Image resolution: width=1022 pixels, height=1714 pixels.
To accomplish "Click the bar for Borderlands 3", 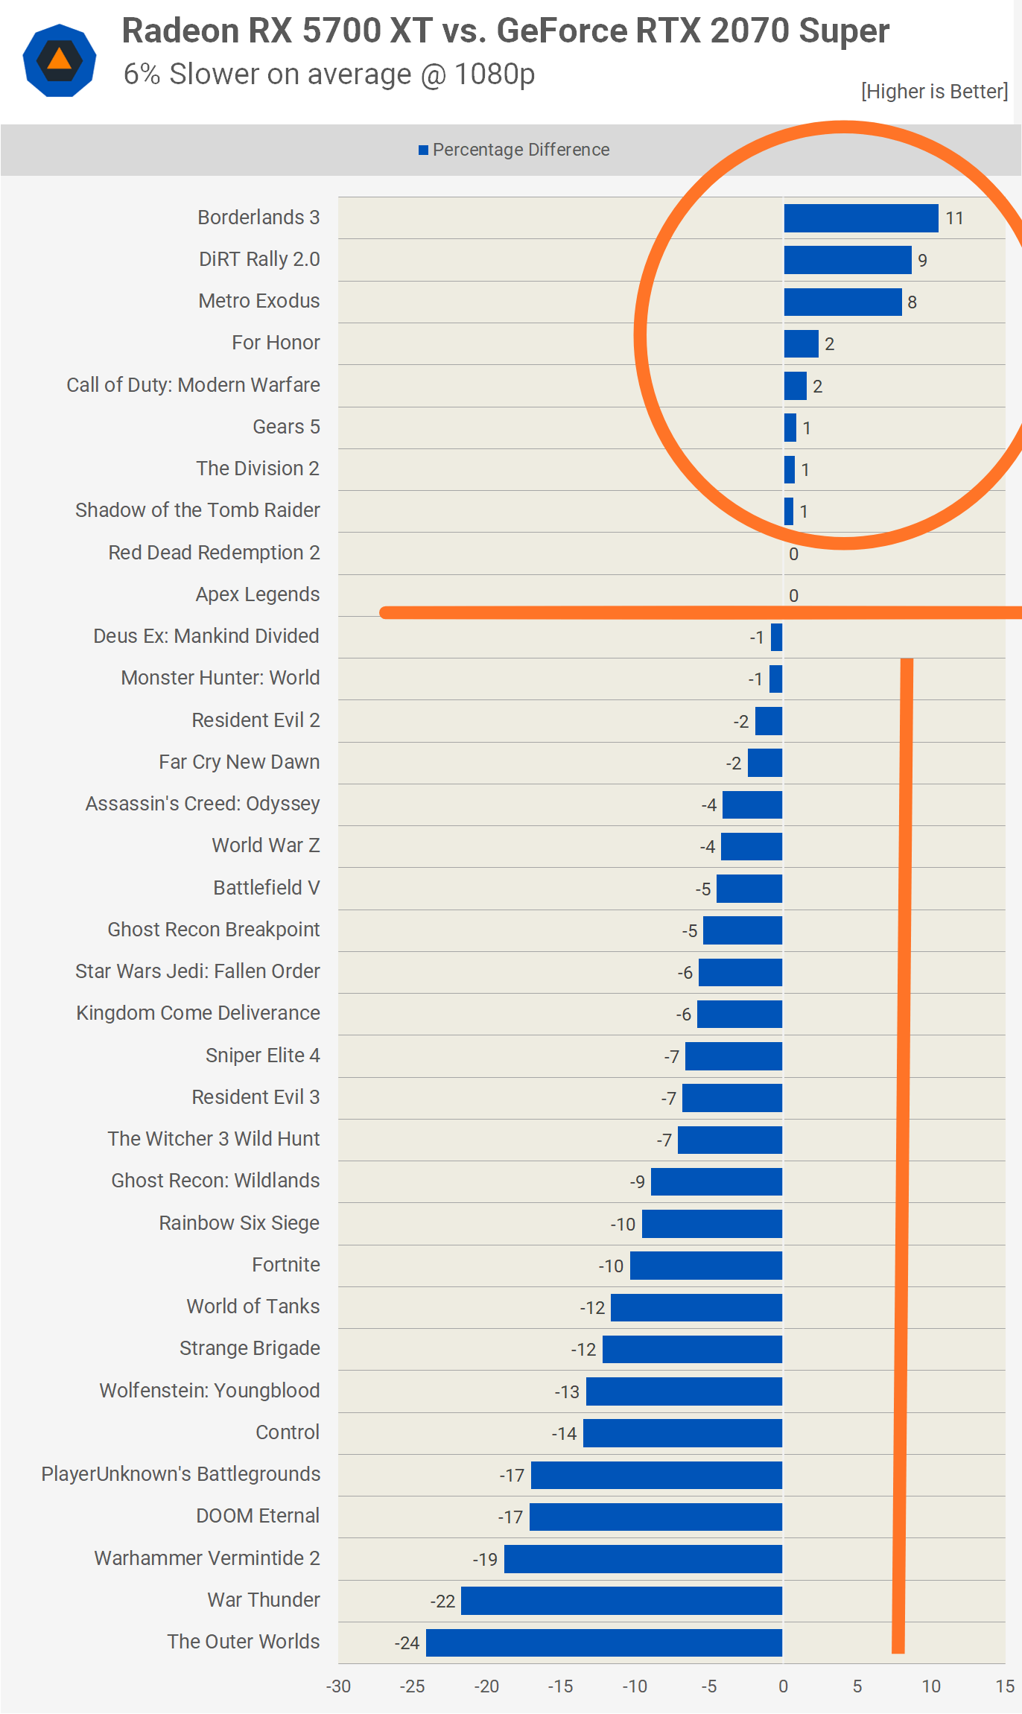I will coord(860,218).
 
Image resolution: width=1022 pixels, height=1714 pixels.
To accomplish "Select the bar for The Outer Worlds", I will coord(603,1642).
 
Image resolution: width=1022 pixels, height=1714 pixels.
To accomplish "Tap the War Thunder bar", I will coord(621,1601).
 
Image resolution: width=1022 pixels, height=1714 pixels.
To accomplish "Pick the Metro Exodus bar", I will coord(842,302).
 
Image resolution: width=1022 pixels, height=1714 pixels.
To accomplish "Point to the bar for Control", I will coord(682,1433).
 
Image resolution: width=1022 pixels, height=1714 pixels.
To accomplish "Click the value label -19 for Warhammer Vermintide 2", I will coord(485,1559).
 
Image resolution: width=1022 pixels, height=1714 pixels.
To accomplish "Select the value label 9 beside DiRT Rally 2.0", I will coord(922,261).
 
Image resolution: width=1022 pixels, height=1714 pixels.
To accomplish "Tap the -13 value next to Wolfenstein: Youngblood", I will coord(567,1391).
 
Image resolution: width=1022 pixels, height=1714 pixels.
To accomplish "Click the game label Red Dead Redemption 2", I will coord(214,553).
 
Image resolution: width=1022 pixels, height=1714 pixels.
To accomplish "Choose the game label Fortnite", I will coord(286,1265).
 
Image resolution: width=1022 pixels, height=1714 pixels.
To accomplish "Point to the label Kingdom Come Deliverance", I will coord(198,1013).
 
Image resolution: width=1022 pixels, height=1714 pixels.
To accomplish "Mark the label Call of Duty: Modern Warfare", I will coord(193,385).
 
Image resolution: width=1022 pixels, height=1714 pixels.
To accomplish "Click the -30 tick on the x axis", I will coord(338,1686).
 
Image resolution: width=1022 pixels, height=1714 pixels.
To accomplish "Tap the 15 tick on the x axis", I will coord(1005,1686).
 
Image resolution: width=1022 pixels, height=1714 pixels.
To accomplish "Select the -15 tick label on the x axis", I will coord(560,1686).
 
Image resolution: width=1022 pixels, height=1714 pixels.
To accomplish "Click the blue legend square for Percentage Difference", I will coord(423,150).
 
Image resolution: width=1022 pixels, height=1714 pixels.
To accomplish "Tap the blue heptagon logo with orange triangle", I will coord(60,60).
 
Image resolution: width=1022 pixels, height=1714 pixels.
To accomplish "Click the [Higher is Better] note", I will coord(934,92).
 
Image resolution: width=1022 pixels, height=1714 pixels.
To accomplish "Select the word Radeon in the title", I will coord(181,31).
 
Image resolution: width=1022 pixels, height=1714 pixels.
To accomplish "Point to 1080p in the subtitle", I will coord(494,74).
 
